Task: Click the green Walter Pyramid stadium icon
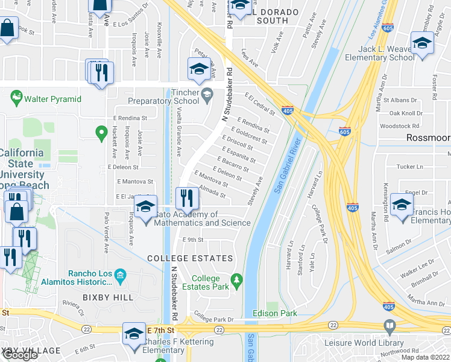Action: tap(16, 97)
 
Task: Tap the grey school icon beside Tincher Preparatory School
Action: tap(207, 94)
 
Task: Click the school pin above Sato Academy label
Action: tap(145, 208)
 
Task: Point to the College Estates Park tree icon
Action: tap(237, 280)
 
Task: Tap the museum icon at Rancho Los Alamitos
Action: tap(121, 276)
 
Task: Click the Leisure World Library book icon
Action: tap(389, 328)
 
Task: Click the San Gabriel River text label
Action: tap(288, 165)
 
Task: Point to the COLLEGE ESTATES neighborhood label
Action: tap(191, 258)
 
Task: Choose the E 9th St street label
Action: tap(194, 240)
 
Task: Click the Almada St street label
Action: tap(212, 191)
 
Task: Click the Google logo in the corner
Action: tap(20, 354)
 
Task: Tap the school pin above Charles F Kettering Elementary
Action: tap(134, 334)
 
